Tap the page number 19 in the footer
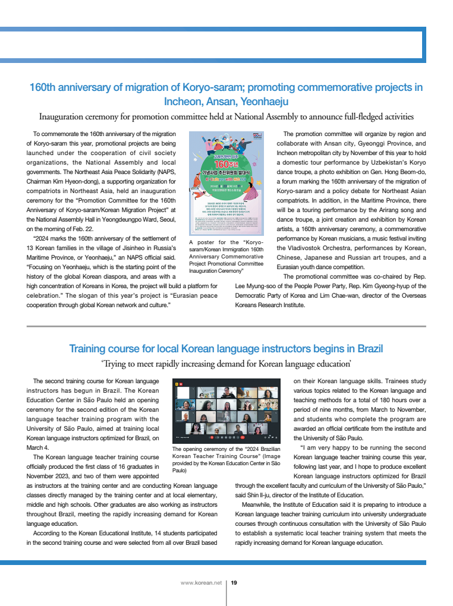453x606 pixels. click(x=234, y=583)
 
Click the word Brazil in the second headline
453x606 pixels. click(x=366, y=348)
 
